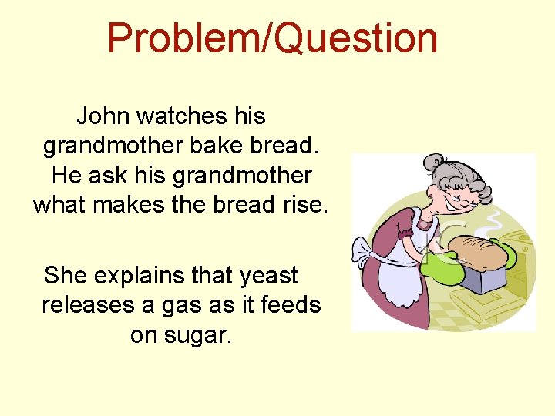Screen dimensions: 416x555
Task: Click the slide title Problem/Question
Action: [x=272, y=39]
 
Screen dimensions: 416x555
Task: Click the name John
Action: [x=103, y=116]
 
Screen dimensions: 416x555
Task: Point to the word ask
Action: [x=107, y=175]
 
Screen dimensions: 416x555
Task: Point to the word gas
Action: [x=180, y=305]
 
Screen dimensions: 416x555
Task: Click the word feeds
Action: [x=291, y=305]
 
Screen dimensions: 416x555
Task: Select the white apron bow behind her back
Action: [x=364, y=254]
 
